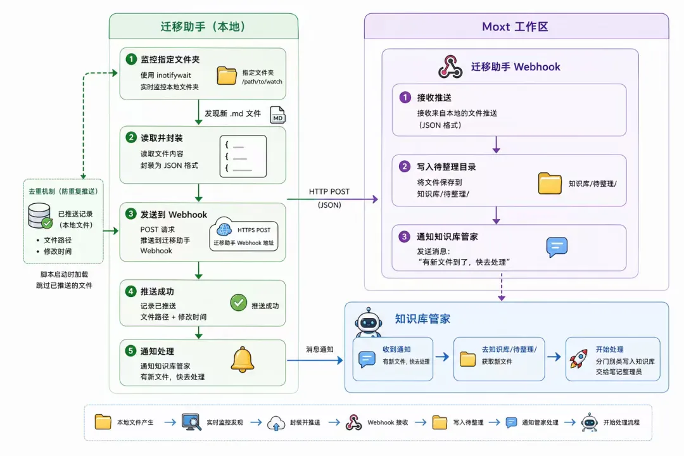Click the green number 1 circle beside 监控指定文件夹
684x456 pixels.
(x=132, y=59)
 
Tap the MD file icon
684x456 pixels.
(x=278, y=116)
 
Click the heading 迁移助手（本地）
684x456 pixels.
(x=203, y=27)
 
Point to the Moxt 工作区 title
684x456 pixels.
(x=515, y=27)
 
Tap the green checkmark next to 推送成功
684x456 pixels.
(x=238, y=303)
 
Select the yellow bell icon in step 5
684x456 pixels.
(x=242, y=360)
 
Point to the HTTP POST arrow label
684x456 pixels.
(x=329, y=191)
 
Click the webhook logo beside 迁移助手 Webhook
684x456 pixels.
(x=450, y=66)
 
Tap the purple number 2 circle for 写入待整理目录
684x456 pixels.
(x=405, y=167)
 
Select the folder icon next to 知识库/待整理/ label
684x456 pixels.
(x=550, y=184)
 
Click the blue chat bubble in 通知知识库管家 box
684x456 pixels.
(x=557, y=247)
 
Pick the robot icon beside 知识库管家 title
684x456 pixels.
(x=369, y=322)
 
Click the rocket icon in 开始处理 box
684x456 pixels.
(x=578, y=358)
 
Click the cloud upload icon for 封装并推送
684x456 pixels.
(x=276, y=422)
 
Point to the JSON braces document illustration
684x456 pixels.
(x=243, y=156)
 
